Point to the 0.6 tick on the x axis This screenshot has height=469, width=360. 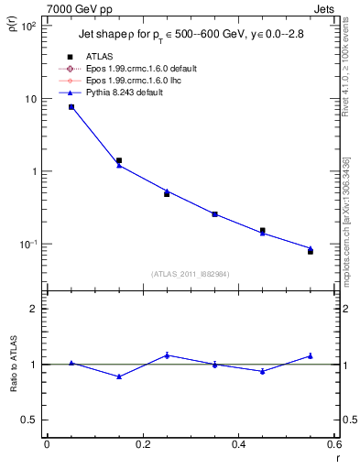(334, 445)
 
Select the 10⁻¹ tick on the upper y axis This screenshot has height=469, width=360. (28, 245)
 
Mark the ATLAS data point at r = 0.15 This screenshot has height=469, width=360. (119, 160)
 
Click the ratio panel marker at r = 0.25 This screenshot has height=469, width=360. (167, 354)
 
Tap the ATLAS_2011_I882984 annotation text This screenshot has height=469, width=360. (191, 274)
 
